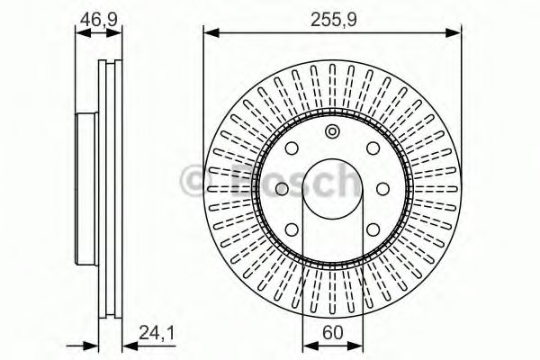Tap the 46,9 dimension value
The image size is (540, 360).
pyautogui.click(x=97, y=17)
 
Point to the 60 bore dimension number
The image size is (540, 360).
pyautogui.click(x=331, y=331)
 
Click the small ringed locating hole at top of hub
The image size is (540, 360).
pyautogui.click(x=331, y=133)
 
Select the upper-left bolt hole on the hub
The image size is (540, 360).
pyautogui.click(x=292, y=150)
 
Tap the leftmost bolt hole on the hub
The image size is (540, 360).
pyautogui.click(x=280, y=188)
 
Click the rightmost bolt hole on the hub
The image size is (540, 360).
pyautogui.click(x=382, y=188)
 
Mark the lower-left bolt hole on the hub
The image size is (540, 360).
pyautogui.click(x=292, y=226)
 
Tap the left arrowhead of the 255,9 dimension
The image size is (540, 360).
pyautogui.click(x=210, y=33)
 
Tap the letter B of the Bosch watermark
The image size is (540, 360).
pyautogui.click(x=236, y=183)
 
